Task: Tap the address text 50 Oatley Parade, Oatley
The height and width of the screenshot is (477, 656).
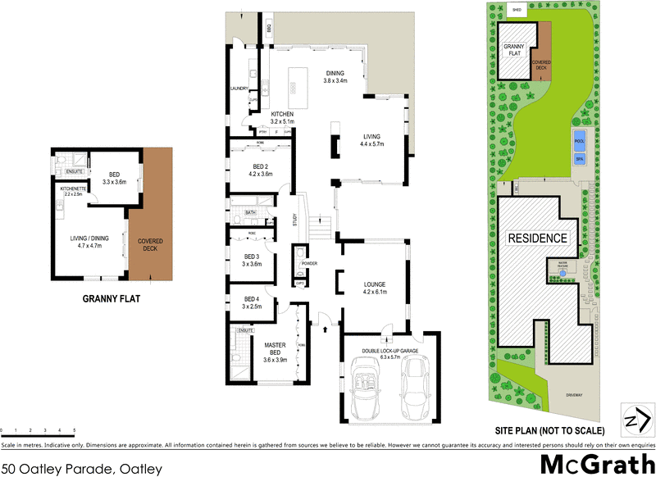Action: pos(82,470)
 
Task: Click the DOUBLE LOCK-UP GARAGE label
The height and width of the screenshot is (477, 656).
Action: pos(390,352)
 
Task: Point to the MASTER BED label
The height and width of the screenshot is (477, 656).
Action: pos(275,351)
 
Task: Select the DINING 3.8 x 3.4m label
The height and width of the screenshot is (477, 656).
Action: pos(335,76)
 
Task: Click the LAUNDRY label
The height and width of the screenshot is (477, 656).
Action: pos(239,88)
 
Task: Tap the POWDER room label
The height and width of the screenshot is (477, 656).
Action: pos(309,263)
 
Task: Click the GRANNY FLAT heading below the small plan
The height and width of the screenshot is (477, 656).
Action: pos(112,300)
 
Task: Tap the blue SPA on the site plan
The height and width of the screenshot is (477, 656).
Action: pos(579,158)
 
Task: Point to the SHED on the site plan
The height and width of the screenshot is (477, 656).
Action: pos(517,10)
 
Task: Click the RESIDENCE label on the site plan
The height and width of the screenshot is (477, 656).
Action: pos(537,238)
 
